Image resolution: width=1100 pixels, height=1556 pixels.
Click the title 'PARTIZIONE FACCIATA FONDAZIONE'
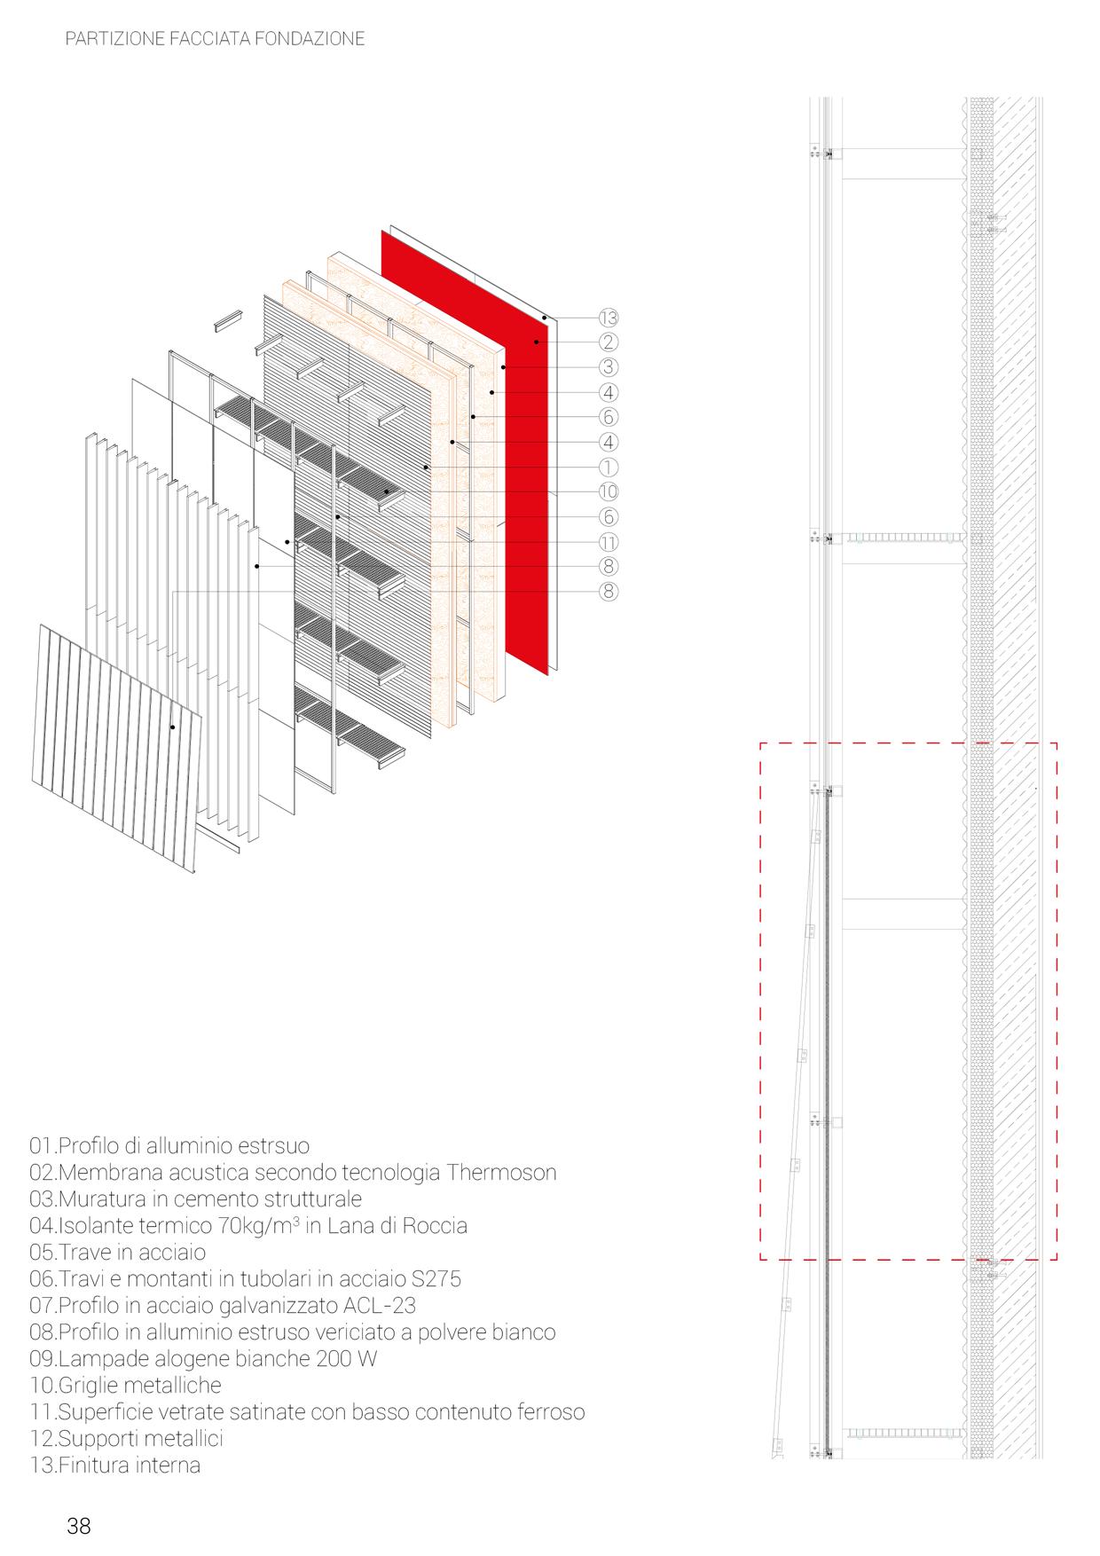215,39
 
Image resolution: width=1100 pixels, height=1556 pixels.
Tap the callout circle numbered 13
608,318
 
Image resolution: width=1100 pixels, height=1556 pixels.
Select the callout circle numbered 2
608,342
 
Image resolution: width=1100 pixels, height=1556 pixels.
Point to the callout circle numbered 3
608,367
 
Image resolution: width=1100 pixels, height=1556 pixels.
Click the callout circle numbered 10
608,491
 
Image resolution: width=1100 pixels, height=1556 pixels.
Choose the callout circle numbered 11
608,541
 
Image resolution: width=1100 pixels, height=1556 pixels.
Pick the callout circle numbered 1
608,467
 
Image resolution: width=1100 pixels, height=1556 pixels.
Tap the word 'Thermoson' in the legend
501,1172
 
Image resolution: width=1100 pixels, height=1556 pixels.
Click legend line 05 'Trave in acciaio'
118,1252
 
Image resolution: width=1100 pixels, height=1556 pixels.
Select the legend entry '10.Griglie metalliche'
125,1385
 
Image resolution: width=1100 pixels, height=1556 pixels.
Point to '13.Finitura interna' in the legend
115,1465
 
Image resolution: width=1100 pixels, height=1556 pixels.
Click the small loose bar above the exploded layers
227,322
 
